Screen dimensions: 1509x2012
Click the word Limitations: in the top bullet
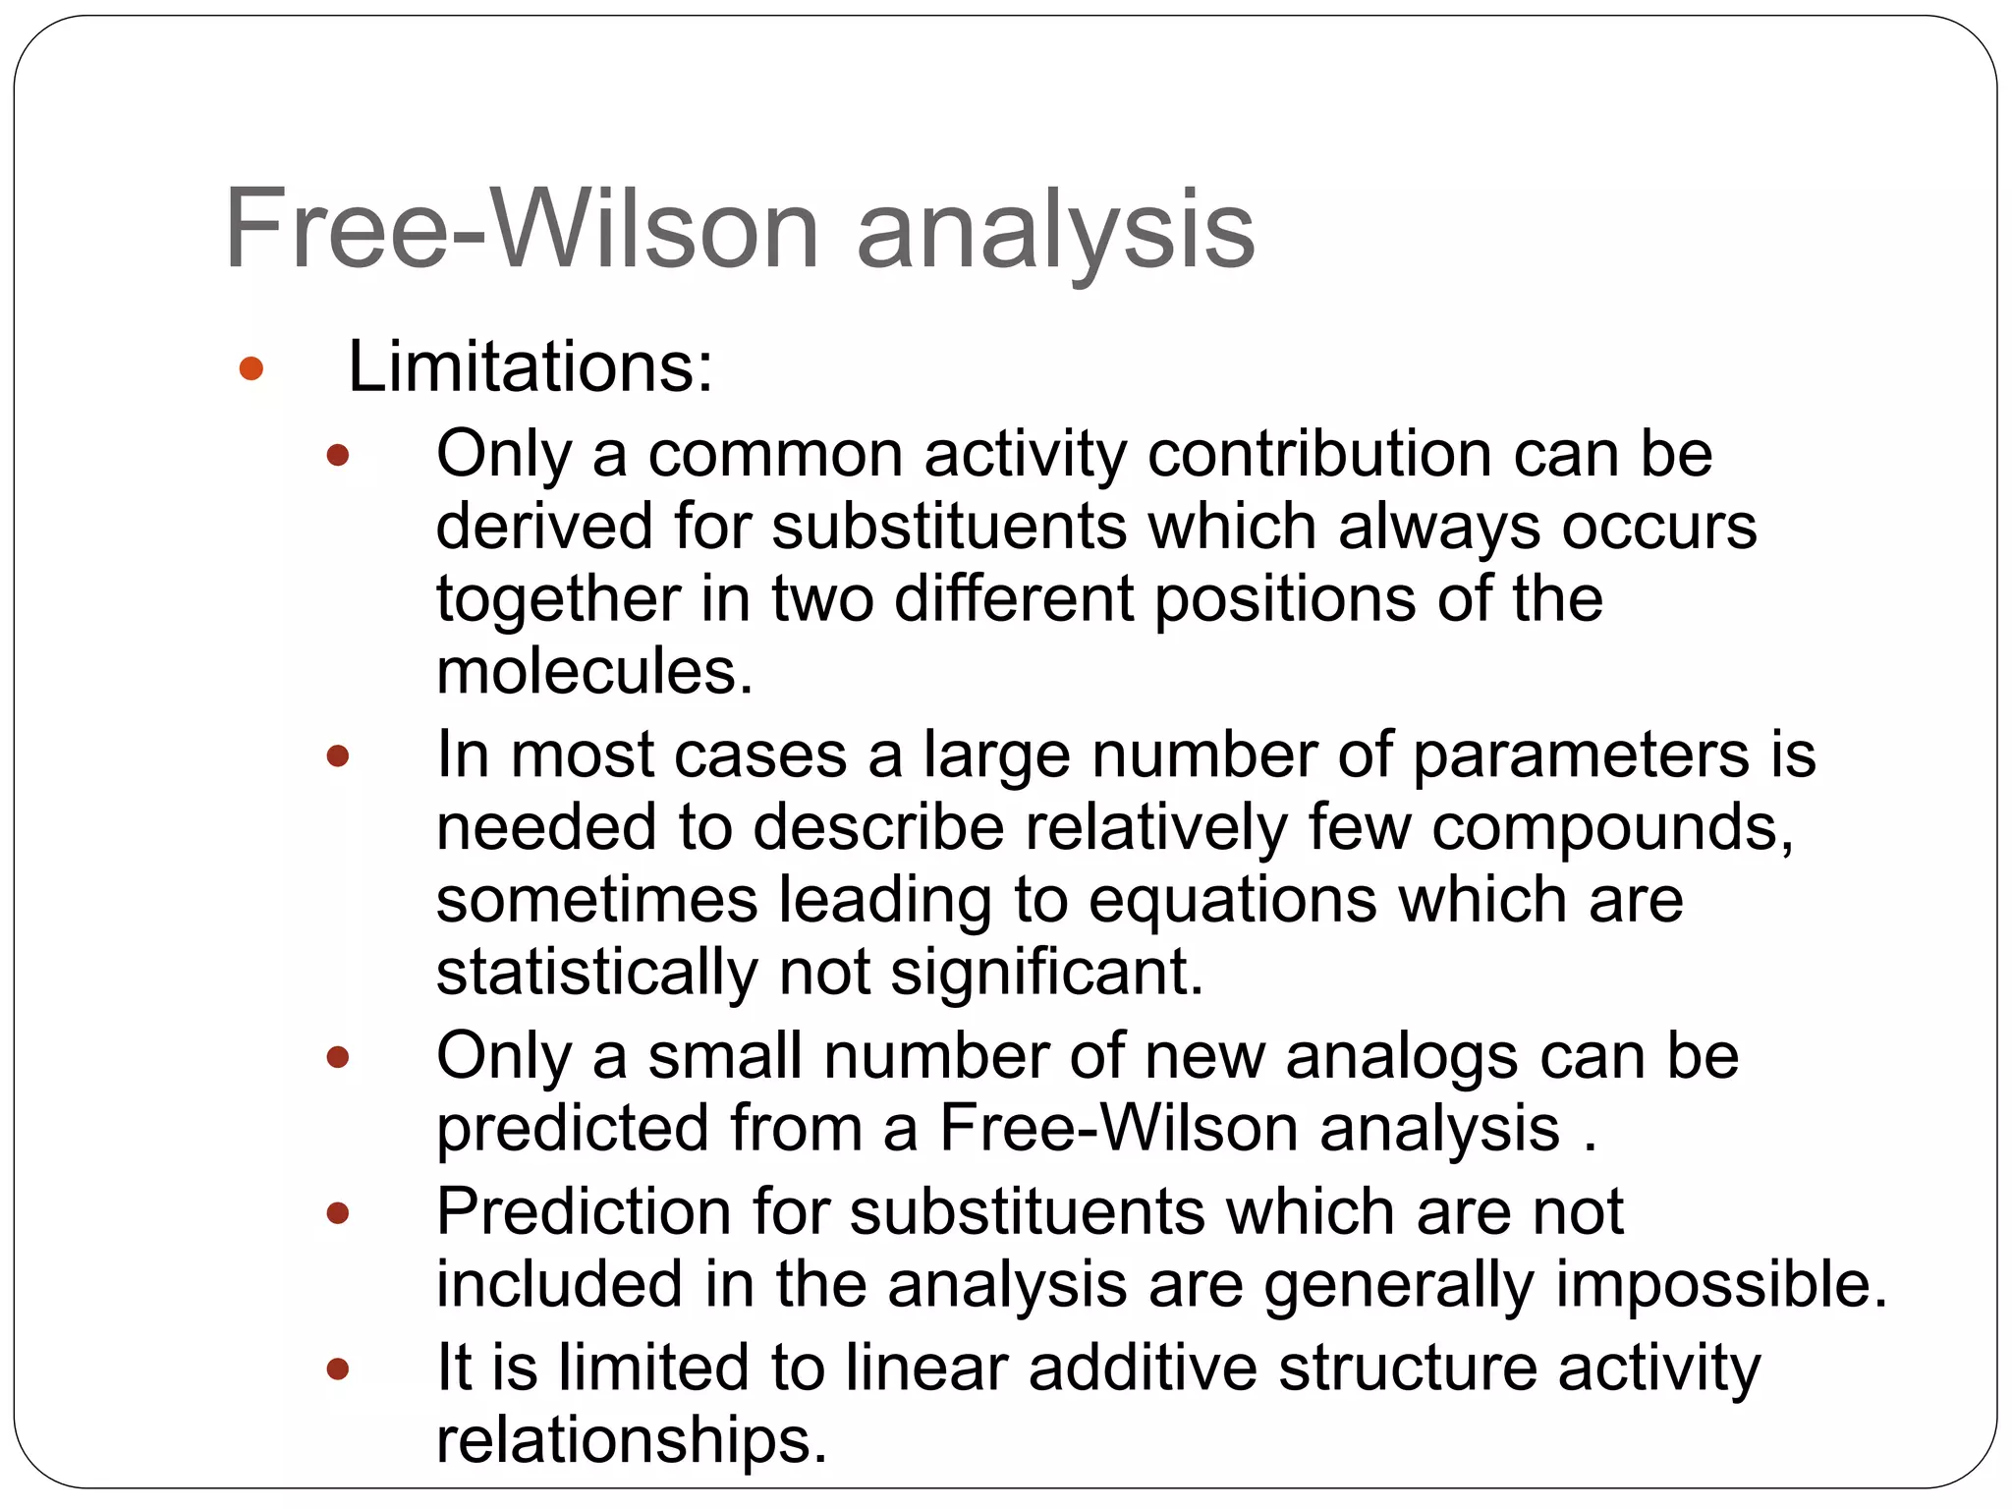(530, 367)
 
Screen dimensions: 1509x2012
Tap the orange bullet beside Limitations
(251, 368)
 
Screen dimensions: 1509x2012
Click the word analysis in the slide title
(1055, 232)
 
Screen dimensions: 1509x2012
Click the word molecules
(593, 672)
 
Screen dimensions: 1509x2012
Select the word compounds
(1612, 827)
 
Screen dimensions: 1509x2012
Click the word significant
(1046, 973)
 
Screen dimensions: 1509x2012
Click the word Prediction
(584, 1211)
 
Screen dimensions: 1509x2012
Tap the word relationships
(631, 1440)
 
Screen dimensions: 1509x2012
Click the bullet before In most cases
(338, 755)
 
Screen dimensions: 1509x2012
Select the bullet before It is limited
(338, 1369)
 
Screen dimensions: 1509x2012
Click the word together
(558, 599)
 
